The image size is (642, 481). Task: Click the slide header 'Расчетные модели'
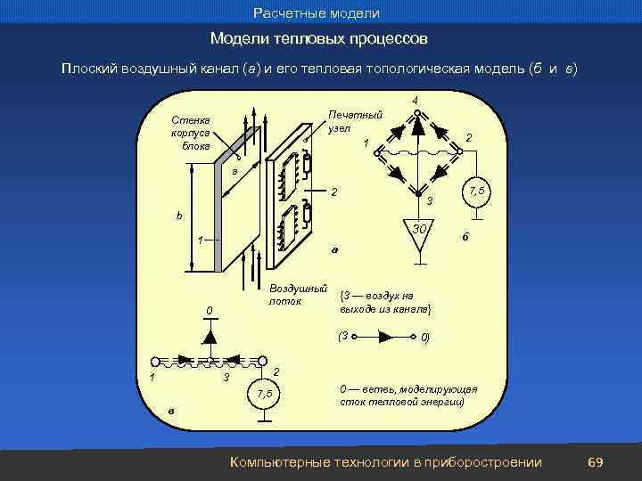click(317, 13)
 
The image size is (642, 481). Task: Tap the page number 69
click(596, 461)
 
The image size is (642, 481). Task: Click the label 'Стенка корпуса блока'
click(191, 133)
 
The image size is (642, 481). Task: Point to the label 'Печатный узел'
click(354, 121)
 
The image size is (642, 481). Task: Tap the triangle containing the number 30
click(416, 233)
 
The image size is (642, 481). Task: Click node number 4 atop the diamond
click(416, 100)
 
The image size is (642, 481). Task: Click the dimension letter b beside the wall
click(179, 216)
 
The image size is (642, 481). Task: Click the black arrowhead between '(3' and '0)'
click(390, 338)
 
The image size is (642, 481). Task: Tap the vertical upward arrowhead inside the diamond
click(416, 127)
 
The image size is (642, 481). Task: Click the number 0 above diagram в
click(207, 310)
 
